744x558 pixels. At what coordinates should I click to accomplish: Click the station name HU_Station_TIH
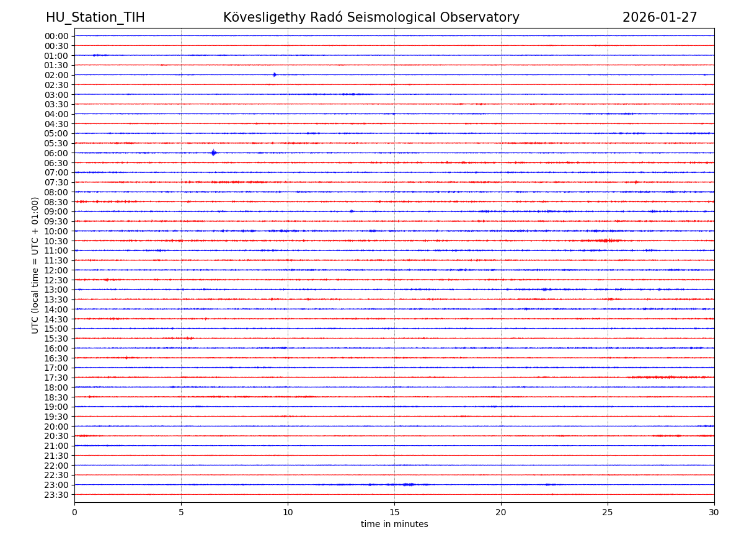tap(95, 18)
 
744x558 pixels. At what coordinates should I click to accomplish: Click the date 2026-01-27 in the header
tap(660, 18)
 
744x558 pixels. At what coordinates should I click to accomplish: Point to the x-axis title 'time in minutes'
tap(394, 525)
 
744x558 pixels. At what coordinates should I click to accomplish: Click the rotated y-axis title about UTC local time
tap(35, 265)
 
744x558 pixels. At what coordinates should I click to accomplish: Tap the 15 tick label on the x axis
tap(394, 513)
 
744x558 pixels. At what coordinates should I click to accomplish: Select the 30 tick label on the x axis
tap(714, 513)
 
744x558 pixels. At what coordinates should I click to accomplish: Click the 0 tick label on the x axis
tap(74, 513)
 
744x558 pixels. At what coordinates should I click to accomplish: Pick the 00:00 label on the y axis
tap(56, 36)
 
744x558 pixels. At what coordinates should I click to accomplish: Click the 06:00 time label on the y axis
tap(56, 153)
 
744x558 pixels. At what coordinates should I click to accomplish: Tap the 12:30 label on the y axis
tap(56, 280)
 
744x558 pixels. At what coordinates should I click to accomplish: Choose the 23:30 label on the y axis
tap(56, 495)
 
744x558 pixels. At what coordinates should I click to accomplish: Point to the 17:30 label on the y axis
tap(56, 378)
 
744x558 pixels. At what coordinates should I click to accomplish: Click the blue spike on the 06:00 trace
tap(213, 153)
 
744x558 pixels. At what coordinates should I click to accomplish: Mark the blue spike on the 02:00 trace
tap(274, 75)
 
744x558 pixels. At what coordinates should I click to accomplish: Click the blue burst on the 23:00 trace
tap(407, 484)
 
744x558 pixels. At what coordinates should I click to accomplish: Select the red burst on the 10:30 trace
tap(608, 241)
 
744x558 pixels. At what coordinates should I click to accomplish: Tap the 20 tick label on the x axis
tap(501, 513)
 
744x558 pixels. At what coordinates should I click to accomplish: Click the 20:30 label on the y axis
tap(56, 436)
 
